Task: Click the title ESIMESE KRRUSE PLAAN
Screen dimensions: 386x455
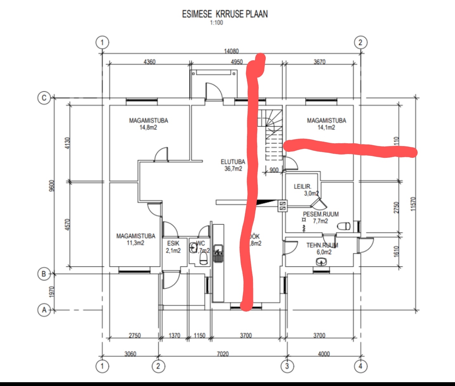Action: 224,14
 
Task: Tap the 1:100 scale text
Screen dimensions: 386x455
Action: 216,23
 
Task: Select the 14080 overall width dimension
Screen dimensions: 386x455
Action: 231,51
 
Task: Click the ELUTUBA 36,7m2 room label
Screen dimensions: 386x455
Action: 233,165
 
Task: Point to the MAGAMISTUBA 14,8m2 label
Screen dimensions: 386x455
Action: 148,124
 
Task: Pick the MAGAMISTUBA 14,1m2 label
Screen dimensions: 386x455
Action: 326,124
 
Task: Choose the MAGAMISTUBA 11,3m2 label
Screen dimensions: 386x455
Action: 136,239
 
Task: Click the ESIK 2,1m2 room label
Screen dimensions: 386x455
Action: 173,247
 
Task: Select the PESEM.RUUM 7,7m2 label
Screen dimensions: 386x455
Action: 321,217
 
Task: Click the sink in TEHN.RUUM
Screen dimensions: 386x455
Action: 322,262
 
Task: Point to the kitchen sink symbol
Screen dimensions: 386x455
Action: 218,253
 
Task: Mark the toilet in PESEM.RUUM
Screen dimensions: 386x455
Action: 343,226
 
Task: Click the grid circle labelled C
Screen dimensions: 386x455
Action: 44,98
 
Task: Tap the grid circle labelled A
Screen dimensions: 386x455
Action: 44,310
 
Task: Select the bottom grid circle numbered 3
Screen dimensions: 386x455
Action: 287,366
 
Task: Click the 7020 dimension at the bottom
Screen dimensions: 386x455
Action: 223,354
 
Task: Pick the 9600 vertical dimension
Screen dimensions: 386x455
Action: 52,186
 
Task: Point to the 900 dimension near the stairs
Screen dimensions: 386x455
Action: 274,170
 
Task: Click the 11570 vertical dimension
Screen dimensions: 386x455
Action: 413,203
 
